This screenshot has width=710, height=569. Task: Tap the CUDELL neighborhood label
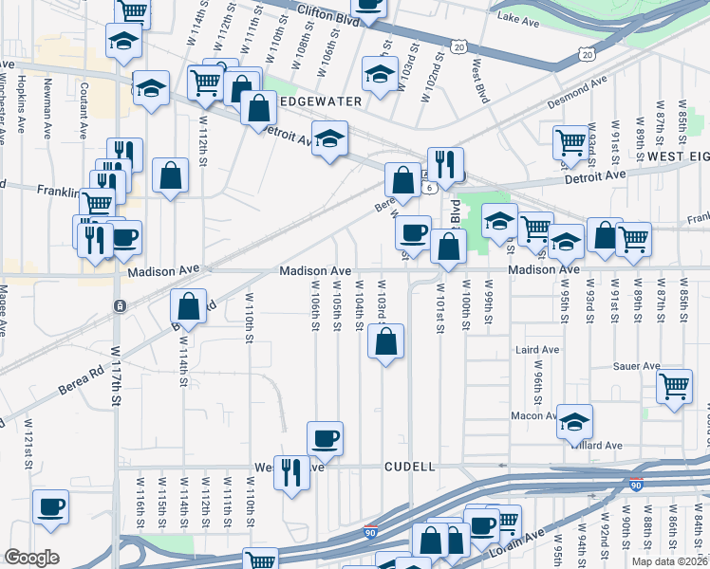(409, 468)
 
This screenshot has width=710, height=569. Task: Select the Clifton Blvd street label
(328, 14)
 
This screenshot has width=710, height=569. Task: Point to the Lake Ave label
(517, 18)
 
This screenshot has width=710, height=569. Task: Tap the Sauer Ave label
(635, 366)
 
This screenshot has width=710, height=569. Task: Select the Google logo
(31, 558)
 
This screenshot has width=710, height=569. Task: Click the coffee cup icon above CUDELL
(325, 437)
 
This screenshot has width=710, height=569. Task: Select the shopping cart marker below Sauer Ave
(674, 384)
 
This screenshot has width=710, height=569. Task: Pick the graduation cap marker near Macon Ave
(574, 420)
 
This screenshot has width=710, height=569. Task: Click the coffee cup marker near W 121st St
(49, 505)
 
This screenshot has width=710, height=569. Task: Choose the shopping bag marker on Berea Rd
(188, 306)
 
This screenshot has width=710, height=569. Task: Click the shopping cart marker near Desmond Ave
(570, 141)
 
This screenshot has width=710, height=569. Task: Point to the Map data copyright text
(671, 560)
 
